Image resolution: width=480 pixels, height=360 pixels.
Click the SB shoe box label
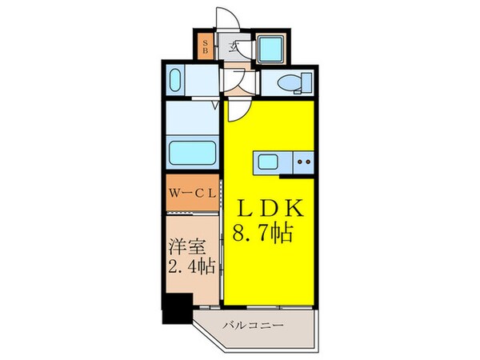pos(205,46)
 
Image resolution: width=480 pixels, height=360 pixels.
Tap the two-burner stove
pos(304,161)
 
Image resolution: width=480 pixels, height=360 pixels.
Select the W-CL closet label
pos(192,194)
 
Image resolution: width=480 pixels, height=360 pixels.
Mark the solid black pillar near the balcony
pos(176,308)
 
